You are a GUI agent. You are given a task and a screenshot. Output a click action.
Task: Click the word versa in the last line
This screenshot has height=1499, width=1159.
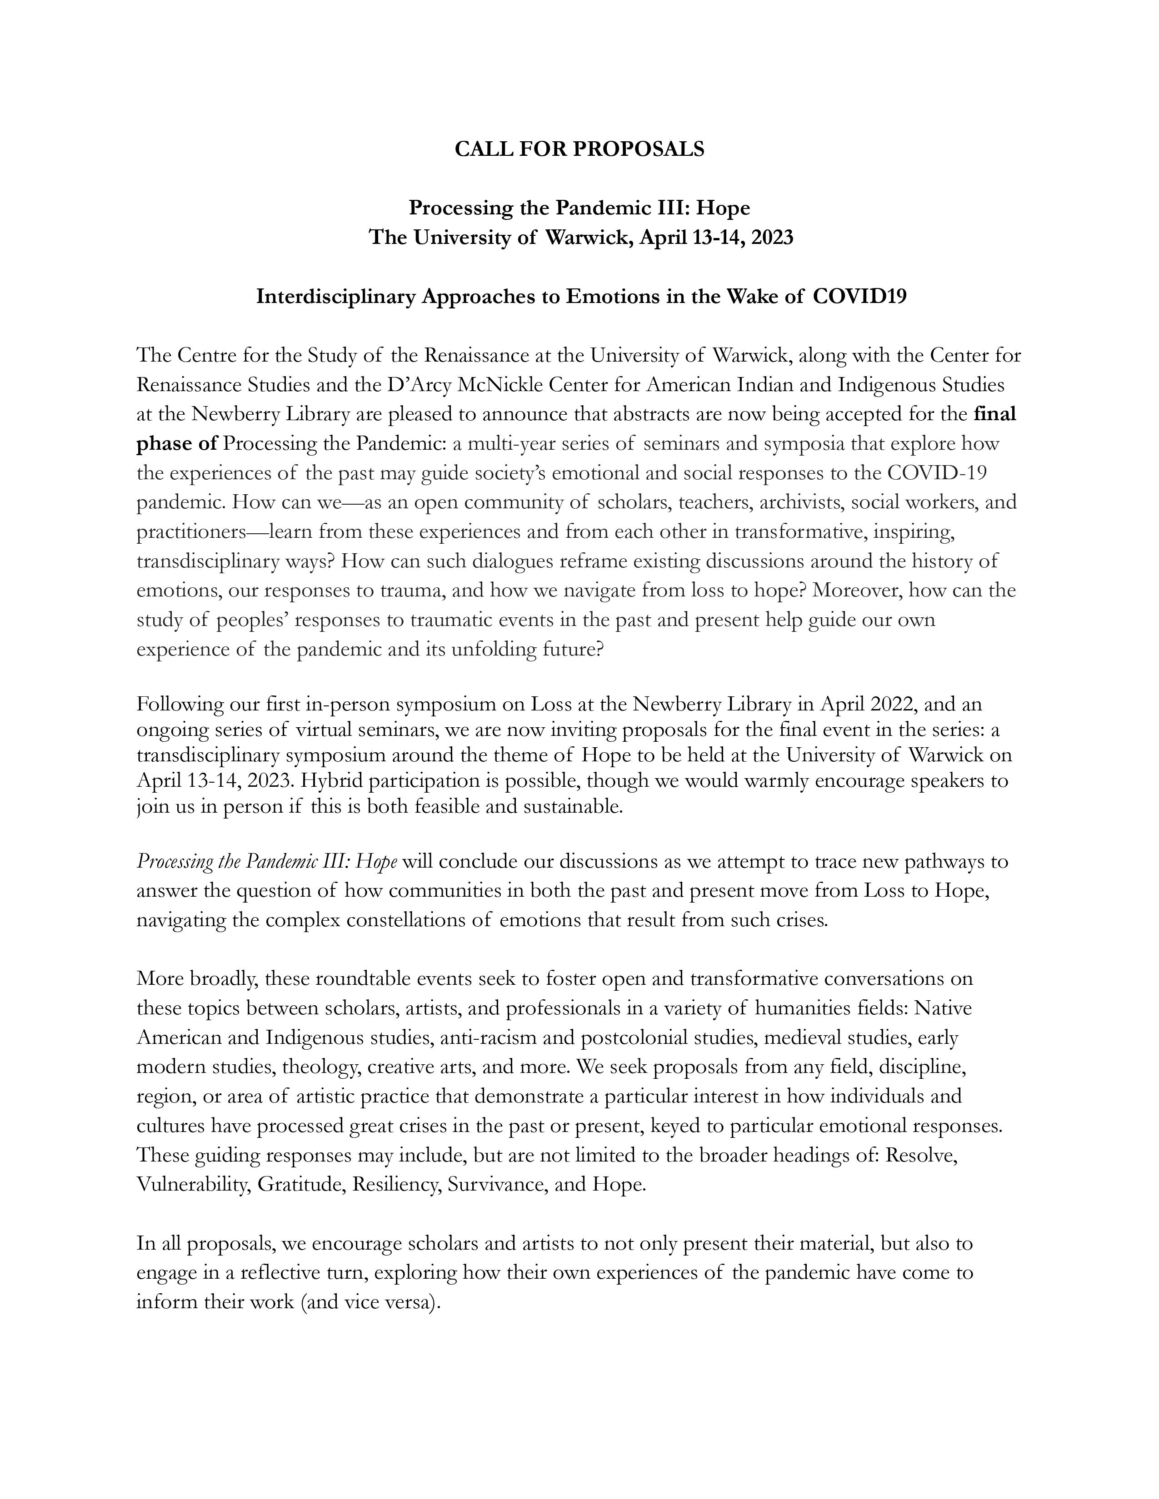[410, 1302]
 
